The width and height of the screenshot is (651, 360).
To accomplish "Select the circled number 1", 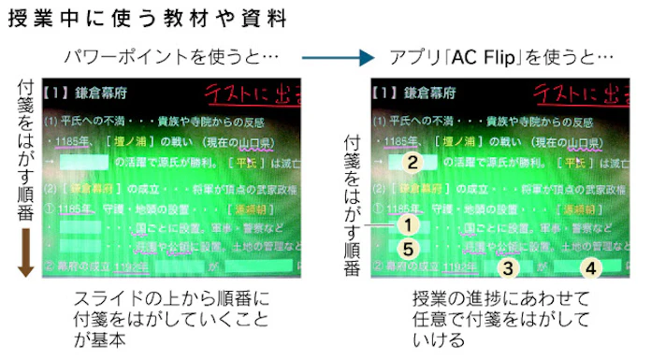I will (x=405, y=224).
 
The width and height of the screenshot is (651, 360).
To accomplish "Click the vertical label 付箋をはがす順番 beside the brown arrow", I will (x=26, y=145).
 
